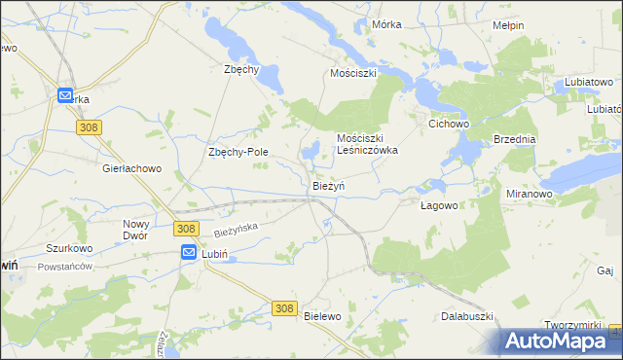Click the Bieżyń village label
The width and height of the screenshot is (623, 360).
[x=328, y=186]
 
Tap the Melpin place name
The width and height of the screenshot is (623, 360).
[x=508, y=25]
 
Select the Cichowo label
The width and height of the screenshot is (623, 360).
[x=450, y=125]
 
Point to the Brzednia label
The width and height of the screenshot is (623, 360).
[x=515, y=139]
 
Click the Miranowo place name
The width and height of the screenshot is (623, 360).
[x=530, y=194]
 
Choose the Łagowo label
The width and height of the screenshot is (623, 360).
[x=438, y=205]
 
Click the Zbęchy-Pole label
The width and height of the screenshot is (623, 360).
[x=238, y=152]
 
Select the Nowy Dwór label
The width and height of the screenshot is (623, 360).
[x=136, y=230]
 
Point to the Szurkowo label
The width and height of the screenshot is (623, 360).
[x=69, y=248]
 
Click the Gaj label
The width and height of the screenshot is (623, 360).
[x=605, y=270]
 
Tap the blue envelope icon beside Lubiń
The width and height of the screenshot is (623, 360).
[x=189, y=252]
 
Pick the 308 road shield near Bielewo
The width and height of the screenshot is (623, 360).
[x=283, y=307]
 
